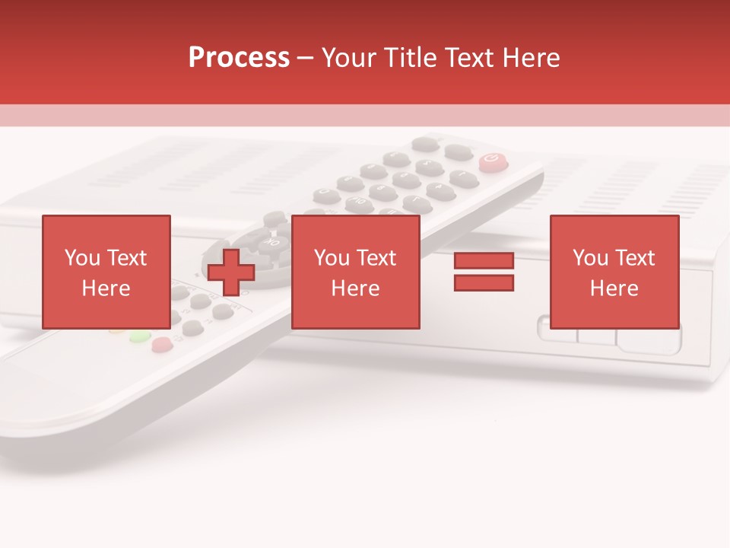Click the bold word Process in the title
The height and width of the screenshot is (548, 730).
click(x=239, y=58)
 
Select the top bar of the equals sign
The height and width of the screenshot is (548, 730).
click(x=484, y=261)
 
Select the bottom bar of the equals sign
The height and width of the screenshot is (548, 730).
click(x=484, y=283)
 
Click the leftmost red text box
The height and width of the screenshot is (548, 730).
click(x=106, y=272)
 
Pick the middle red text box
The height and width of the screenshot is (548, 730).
click(x=355, y=272)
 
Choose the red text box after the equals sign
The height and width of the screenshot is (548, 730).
click(x=614, y=272)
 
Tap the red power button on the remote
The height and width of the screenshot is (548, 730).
click(x=492, y=161)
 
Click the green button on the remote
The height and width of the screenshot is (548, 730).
click(x=140, y=336)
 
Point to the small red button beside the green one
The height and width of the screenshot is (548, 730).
click(x=162, y=346)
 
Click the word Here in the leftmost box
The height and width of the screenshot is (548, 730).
click(x=106, y=288)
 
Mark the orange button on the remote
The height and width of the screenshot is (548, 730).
click(x=117, y=330)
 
